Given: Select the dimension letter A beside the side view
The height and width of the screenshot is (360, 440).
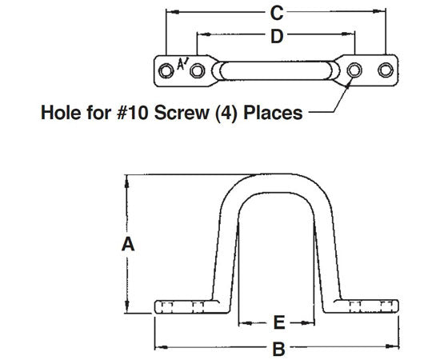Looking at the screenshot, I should tap(125, 248).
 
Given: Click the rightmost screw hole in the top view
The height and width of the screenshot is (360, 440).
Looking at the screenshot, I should tap(386, 69).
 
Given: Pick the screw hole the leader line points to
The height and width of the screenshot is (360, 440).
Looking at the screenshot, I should tap(354, 69).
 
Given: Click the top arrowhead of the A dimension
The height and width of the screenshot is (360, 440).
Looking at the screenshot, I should tap(125, 180).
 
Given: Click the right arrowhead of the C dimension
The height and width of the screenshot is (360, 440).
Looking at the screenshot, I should tap(385, 12).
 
